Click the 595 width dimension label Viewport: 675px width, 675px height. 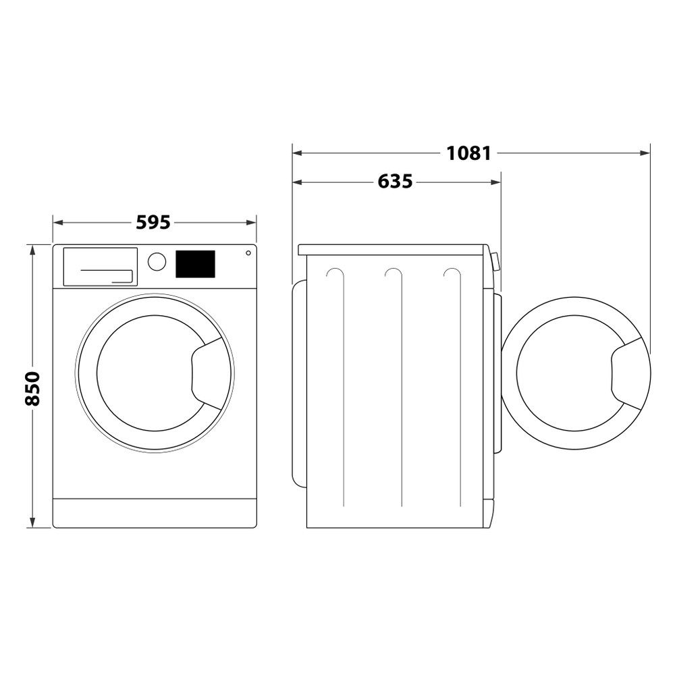coord(154,222)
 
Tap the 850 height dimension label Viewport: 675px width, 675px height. coord(32,387)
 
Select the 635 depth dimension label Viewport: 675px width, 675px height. coord(395,182)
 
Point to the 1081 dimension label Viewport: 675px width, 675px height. coord(468,153)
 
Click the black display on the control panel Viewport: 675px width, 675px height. coord(195,264)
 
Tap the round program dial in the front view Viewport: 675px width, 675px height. coord(157,262)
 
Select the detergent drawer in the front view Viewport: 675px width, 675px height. coord(100,266)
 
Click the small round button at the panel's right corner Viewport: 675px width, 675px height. coord(248,253)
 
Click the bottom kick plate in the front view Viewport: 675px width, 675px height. coord(155,513)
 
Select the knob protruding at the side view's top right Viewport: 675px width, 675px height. coord(496,262)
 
